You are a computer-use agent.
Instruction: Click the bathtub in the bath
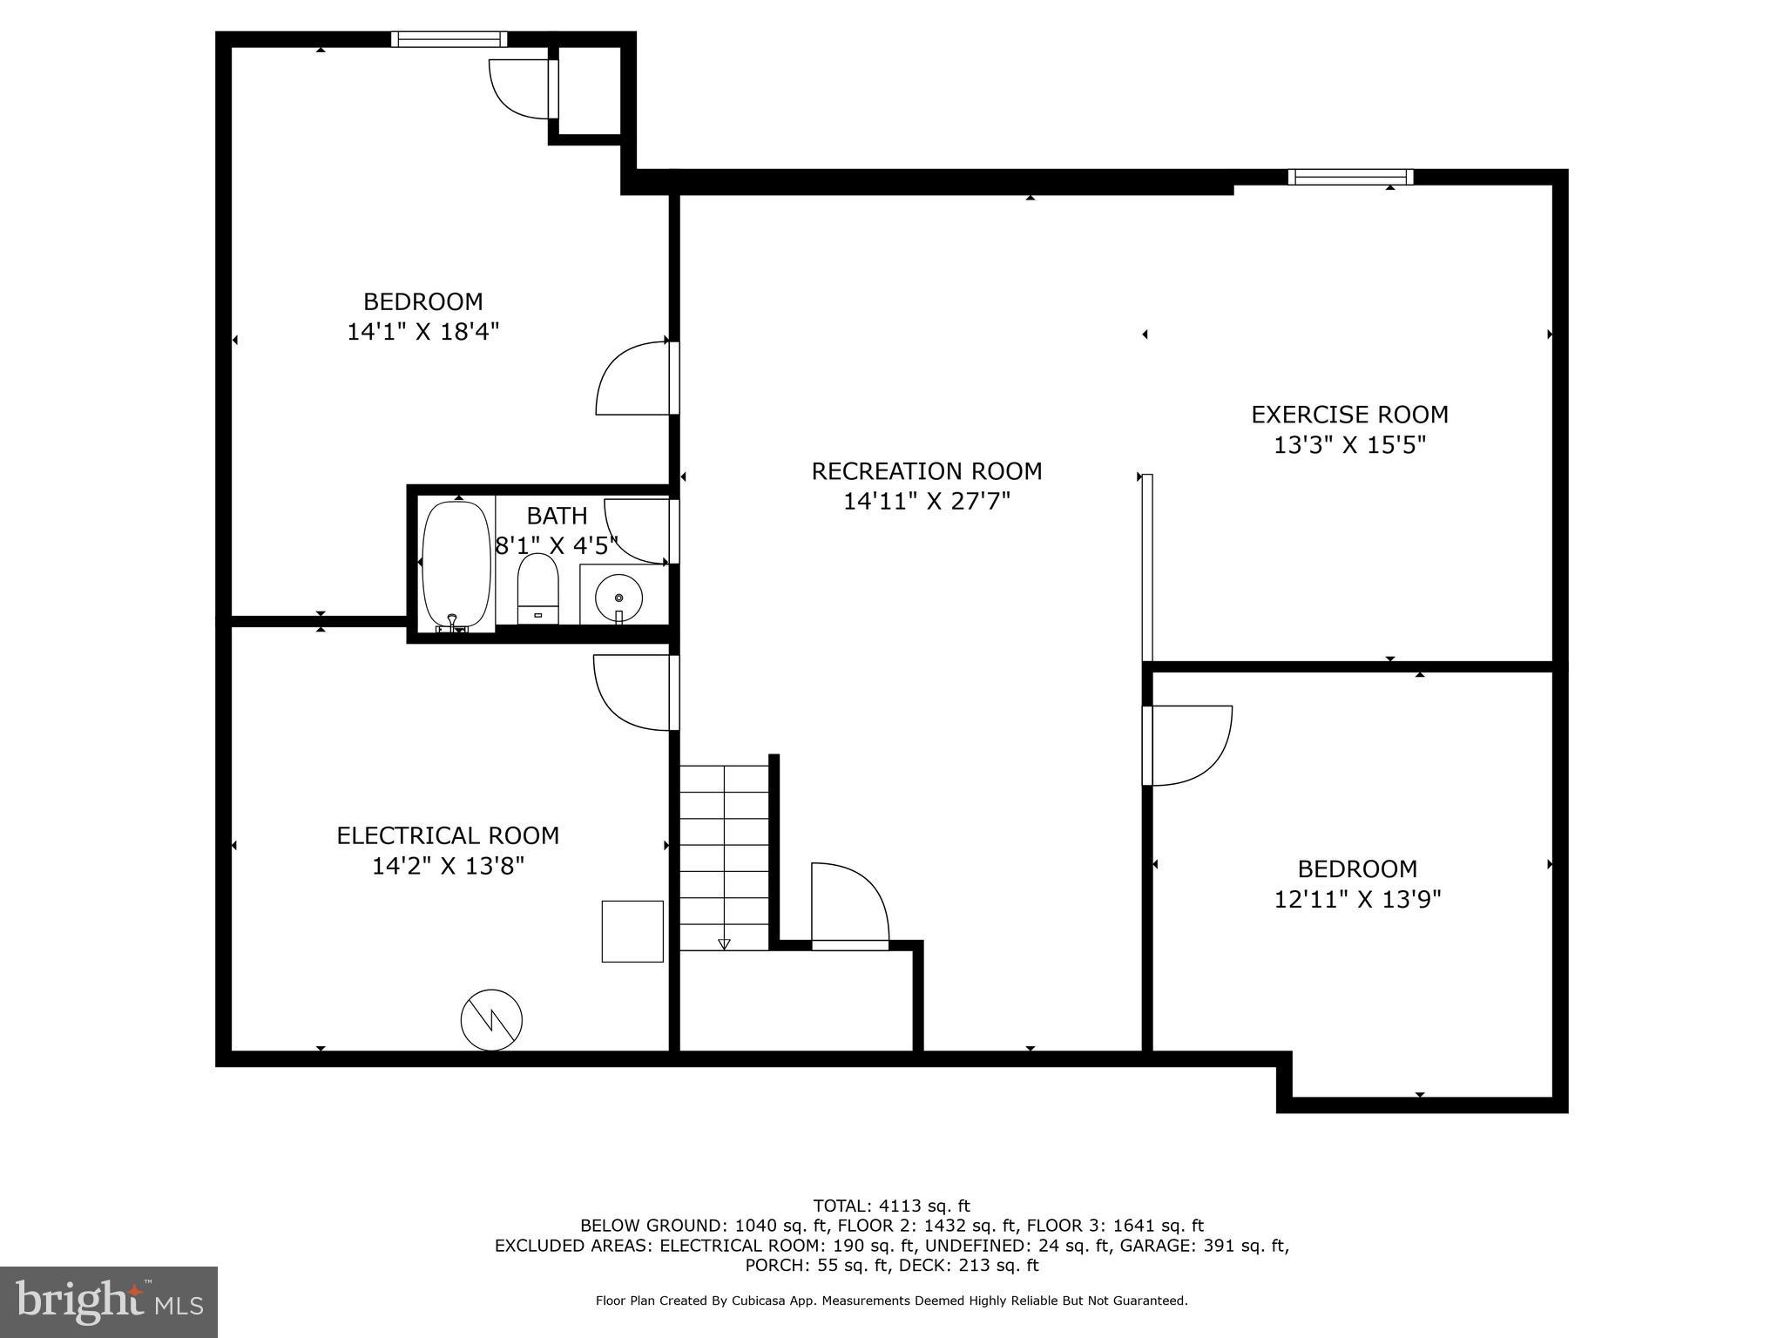coord(456,564)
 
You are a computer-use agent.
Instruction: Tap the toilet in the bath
coord(537,588)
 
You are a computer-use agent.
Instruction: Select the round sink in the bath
coord(618,598)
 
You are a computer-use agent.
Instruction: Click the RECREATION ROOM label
coord(926,471)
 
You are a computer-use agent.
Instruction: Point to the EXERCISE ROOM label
coord(1348,415)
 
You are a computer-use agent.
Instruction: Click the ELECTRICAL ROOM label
coord(448,835)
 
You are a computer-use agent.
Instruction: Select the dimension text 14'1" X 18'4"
coord(422,332)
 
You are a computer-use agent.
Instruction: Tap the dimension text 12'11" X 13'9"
coord(1357,899)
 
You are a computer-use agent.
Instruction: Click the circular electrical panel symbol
coord(491,1019)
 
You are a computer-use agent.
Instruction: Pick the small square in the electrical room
coord(632,931)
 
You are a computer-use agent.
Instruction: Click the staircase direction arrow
coord(724,943)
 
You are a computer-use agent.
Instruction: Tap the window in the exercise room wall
coord(1350,177)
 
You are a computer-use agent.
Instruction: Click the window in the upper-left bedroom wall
coord(449,39)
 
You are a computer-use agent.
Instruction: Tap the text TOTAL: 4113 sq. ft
coord(891,1206)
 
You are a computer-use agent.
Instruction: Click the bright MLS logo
coord(109,1301)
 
